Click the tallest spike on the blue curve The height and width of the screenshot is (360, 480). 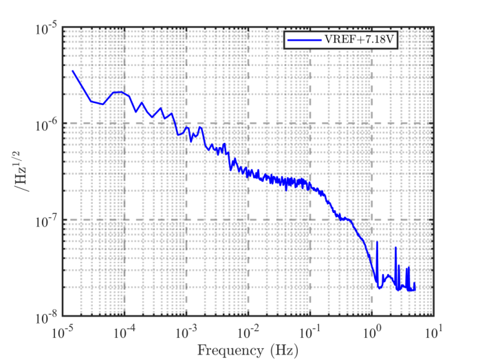click(x=377, y=243)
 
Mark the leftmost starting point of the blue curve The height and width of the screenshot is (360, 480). click(x=72, y=71)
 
